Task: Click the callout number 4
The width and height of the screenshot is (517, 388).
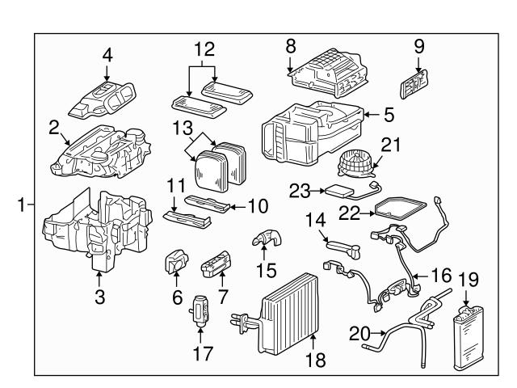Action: pyautogui.click(x=107, y=55)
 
